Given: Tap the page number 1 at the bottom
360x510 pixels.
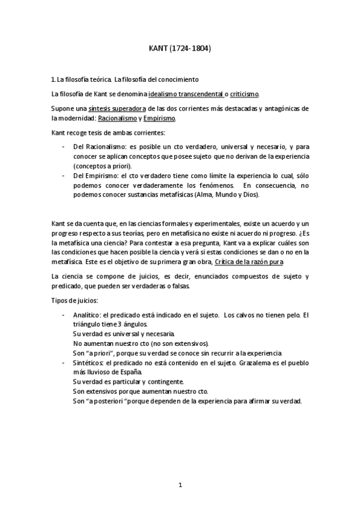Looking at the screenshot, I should [180, 485].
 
